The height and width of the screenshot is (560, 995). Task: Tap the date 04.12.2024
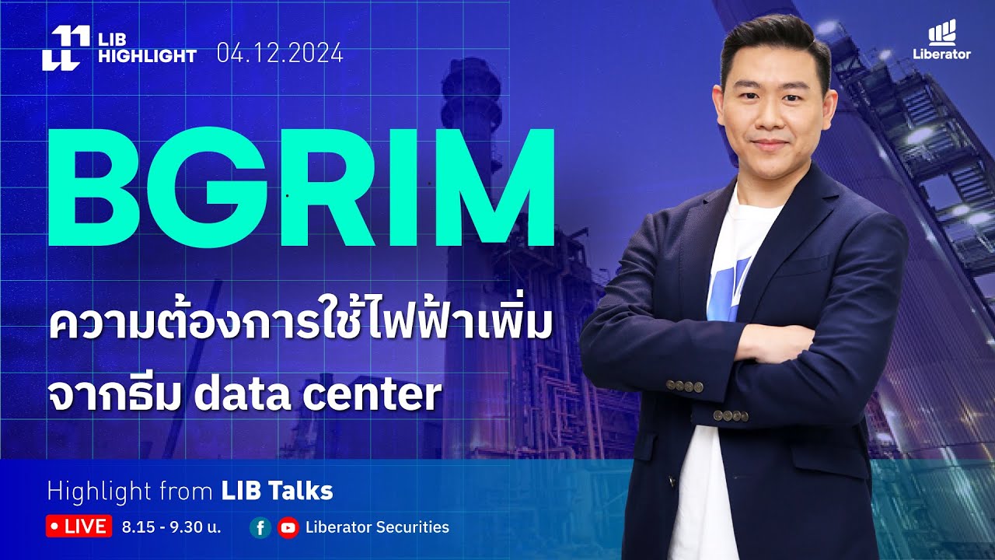click(280, 54)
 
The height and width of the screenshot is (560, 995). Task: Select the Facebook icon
click(260, 528)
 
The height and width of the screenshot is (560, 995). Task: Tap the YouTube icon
click(288, 528)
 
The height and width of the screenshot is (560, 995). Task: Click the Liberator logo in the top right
click(942, 41)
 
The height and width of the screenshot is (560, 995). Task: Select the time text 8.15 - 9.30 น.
click(172, 527)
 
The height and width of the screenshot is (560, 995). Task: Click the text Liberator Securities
click(377, 527)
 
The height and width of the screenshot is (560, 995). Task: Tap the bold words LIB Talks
click(277, 491)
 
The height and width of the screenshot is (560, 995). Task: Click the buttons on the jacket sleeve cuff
click(685, 386)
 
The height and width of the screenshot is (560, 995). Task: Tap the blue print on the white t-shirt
click(731, 285)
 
